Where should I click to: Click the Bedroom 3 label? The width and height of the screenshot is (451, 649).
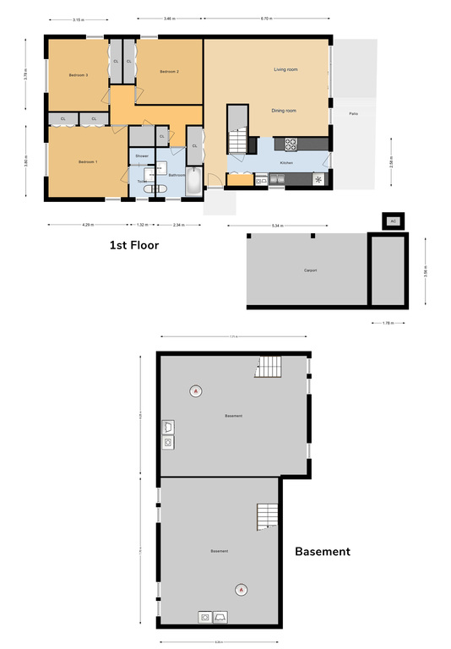click(79, 75)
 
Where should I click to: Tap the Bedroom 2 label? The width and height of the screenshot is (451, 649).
click(169, 71)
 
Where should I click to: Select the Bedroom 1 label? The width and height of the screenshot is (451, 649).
click(88, 161)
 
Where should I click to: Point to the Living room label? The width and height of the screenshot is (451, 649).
click(285, 69)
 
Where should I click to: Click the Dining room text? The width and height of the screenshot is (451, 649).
click(284, 111)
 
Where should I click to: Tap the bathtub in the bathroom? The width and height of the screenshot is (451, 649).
click(195, 181)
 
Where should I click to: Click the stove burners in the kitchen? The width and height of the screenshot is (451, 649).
click(291, 144)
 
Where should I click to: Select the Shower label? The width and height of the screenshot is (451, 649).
click(142, 156)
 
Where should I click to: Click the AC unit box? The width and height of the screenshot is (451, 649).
click(393, 221)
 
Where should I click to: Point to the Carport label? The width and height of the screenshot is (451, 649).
click(310, 270)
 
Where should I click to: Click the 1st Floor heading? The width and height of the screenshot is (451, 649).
click(133, 245)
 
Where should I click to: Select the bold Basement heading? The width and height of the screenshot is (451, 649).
click(322, 552)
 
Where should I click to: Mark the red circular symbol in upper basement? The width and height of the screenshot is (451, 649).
click(196, 390)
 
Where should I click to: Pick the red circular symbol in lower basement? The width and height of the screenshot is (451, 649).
click(242, 589)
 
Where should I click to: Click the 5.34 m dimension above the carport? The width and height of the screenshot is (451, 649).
click(279, 226)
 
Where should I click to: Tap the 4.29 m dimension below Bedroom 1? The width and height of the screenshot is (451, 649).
click(87, 225)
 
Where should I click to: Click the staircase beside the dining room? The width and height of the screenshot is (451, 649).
click(238, 140)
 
